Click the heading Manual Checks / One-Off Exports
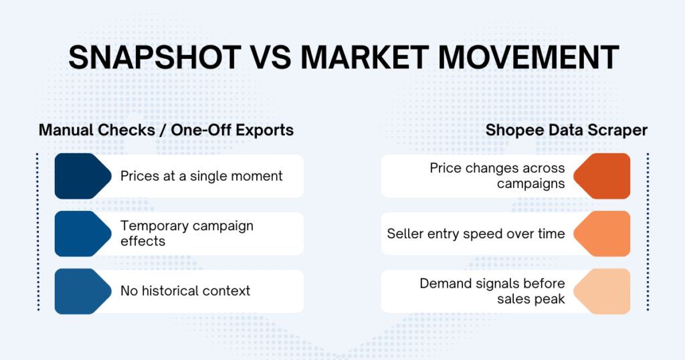pyautogui.click(x=166, y=130)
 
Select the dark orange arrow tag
pyautogui.click(x=603, y=176)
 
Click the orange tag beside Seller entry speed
pyautogui.click(x=603, y=234)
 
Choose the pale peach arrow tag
pyautogui.click(x=603, y=291)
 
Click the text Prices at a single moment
pyautogui.click(x=201, y=176)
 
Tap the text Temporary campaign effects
pyautogui.click(x=187, y=233)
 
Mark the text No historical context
pyautogui.click(x=185, y=291)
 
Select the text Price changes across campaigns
pyautogui.click(x=498, y=176)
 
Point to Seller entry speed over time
pyautogui.click(x=476, y=234)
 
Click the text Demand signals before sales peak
pyautogui.click(x=492, y=291)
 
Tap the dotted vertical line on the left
pyautogui.click(x=38, y=232)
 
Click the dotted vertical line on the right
pyautogui.click(x=648, y=232)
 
